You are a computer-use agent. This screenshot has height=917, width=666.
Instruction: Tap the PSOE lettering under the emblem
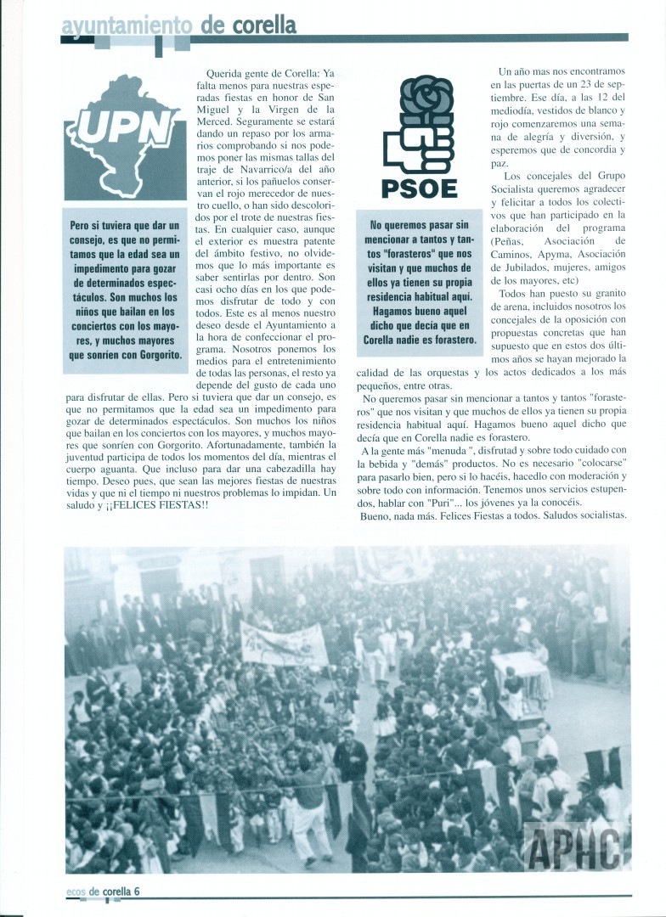tap(420, 188)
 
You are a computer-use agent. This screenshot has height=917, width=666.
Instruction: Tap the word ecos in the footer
tap(76, 892)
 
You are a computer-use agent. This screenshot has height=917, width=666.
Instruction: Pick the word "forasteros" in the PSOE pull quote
tap(418, 252)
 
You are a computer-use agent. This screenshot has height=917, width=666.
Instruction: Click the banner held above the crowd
tap(282, 644)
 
